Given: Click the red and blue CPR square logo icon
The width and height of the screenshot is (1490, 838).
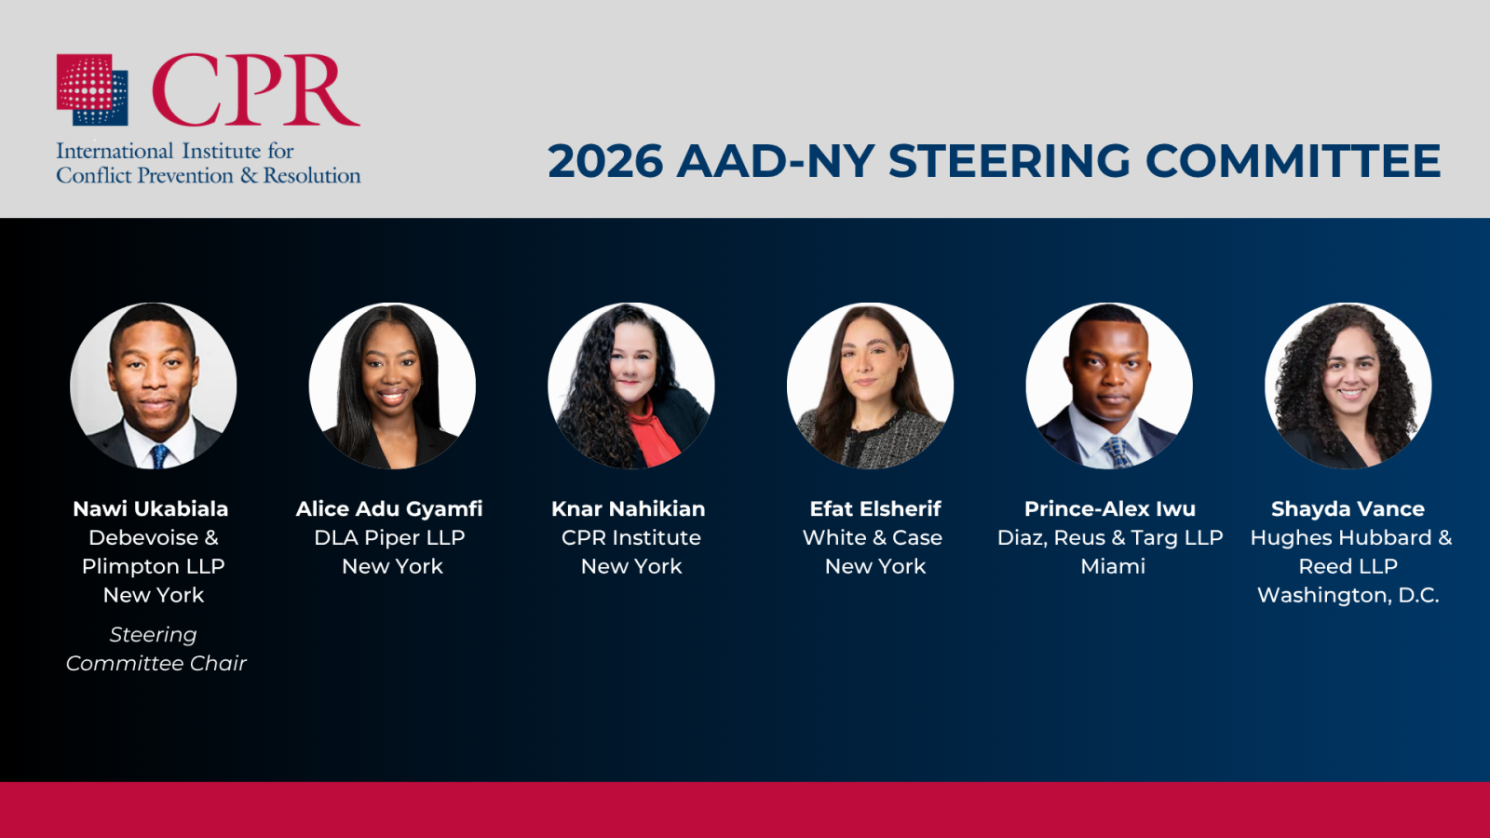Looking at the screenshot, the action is pos(92,89).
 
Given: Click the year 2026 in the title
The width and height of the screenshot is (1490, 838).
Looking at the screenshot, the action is pos(605,161).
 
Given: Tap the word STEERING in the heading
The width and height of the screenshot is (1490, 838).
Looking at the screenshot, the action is pos(1009,161).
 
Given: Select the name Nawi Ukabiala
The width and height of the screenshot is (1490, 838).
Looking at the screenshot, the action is pos(150,508).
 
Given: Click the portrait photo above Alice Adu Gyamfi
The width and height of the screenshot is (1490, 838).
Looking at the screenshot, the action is pos(392,385).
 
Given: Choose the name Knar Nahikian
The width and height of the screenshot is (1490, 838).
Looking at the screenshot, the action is pos(629,508).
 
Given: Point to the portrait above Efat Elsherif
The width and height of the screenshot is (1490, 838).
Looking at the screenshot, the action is pos(870,385).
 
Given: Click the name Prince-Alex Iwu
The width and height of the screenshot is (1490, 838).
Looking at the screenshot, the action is pos(1110,508).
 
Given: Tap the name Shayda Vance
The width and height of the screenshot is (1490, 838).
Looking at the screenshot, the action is pos(1348,508).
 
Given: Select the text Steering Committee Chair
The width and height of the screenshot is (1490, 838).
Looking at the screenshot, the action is pos(156,649).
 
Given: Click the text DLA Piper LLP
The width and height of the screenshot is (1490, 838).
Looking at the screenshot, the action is pos(390,537).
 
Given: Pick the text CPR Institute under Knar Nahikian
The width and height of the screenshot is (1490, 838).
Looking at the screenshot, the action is pos(631,537).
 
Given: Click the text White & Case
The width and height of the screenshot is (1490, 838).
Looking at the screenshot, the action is pos(873,537).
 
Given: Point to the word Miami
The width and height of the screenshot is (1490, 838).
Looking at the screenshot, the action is pos(1113,566).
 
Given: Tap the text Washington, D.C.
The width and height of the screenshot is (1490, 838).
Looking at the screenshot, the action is pos(1348,595).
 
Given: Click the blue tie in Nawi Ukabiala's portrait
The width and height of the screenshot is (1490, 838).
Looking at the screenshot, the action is pos(159,456).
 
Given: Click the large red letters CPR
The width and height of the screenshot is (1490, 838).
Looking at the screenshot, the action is pos(256,89).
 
